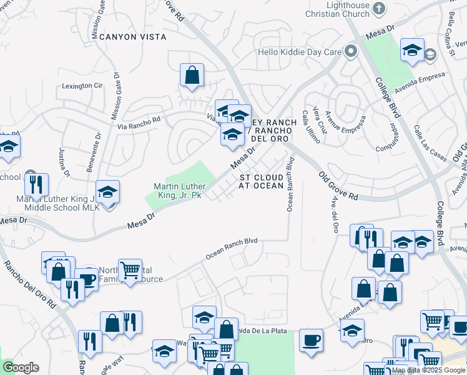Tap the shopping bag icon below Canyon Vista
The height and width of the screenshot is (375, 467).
click(192, 75)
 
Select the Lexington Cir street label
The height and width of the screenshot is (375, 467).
click(81, 85)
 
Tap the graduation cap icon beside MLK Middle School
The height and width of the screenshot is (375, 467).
click(107, 192)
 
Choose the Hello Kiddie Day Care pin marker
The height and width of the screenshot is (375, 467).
click(351, 52)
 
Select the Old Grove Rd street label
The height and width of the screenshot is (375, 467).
click(338, 186)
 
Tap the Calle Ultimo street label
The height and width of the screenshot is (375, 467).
click(310, 127)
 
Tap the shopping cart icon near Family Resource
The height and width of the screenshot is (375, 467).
click(130, 271)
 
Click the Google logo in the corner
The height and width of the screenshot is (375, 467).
click(21, 367)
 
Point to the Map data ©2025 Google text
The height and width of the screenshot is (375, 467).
click(429, 370)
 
